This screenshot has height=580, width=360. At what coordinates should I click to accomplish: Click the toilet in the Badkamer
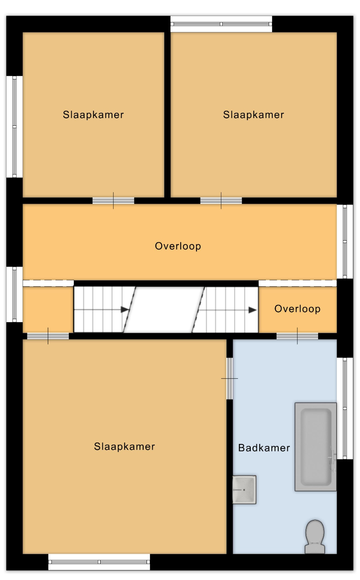[315, 536]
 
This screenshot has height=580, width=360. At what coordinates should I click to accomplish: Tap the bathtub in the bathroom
[316, 447]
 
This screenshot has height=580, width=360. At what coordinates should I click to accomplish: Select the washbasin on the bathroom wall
[244, 489]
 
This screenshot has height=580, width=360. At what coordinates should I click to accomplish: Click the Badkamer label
[264, 448]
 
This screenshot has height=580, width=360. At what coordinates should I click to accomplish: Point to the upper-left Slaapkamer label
[93, 115]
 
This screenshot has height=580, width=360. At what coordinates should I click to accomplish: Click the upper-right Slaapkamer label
[254, 115]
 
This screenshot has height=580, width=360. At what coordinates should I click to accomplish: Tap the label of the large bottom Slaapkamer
[124, 446]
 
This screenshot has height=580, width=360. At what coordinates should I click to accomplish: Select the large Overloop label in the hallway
[178, 246]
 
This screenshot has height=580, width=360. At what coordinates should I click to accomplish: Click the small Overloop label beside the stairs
[297, 309]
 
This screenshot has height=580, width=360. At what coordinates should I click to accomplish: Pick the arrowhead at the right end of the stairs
[253, 310]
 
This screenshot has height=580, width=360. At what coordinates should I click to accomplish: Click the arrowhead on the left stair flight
[125, 309]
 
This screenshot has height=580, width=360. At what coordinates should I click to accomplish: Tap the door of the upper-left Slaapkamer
[114, 200]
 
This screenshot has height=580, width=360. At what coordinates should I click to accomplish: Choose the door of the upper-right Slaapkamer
[221, 200]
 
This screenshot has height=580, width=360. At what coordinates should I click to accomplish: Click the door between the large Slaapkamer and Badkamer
[230, 378]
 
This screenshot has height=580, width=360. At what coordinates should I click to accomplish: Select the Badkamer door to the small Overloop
[297, 336]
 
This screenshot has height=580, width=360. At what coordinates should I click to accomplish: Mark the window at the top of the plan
[221, 24]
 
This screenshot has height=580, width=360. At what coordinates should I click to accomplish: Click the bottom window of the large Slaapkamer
[99, 562]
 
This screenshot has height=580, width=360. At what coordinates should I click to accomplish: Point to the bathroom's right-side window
[345, 409]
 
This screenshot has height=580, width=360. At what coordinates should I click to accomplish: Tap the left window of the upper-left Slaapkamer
[14, 127]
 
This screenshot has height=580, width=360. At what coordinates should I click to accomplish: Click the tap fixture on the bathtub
[332, 458]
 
